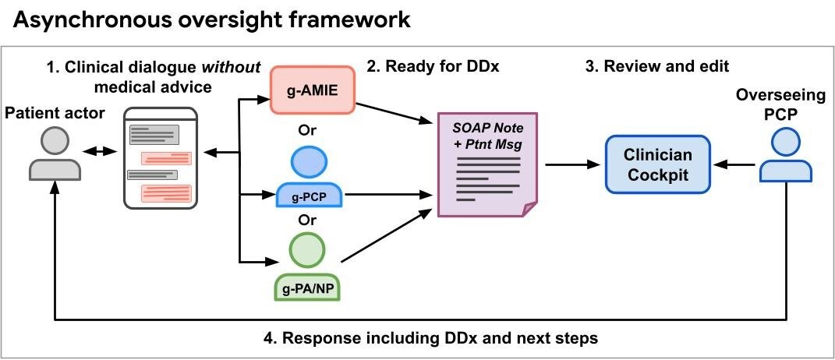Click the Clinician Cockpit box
tap(658, 164)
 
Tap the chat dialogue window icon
tap(162, 163)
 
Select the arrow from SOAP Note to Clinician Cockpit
tap(572, 164)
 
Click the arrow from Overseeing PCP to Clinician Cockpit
tap(736, 164)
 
